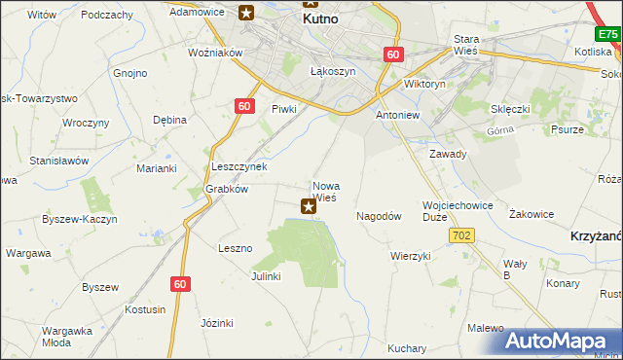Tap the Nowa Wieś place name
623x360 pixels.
(324, 191)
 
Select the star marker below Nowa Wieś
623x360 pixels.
(309, 205)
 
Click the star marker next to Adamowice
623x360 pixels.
(246, 13)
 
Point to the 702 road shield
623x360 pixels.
(461, 235)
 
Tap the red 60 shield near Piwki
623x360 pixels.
(244, 106)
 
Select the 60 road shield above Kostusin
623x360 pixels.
(179, 283)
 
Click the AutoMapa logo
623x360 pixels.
(561, 340)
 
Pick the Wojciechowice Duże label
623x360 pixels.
(458, 211)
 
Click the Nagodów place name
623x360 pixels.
(380, 216)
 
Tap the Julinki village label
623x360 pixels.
(265, 276)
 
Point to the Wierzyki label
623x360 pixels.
(410, 256)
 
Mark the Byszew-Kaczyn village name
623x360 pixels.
(79, 219)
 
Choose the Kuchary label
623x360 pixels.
(407, 347)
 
